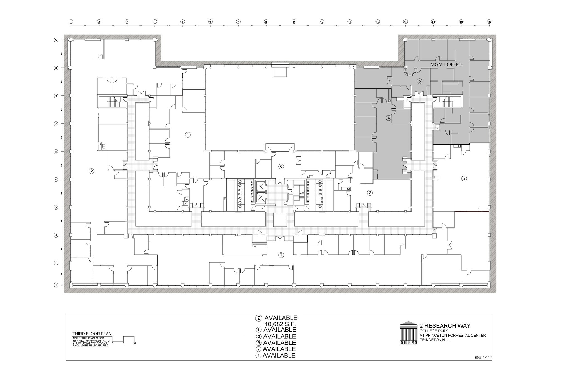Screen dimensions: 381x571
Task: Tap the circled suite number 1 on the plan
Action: [x=188, y=135]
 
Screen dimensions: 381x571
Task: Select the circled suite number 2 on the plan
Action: [x=91, y=171]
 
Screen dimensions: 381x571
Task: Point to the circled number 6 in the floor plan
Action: [x=281, y=167]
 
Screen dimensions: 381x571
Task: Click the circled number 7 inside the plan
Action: [x=281, y=255]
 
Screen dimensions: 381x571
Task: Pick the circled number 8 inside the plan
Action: [x=464, y=178]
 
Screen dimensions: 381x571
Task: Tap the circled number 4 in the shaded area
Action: [x=389, y=118]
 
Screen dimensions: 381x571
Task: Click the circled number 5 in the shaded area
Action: [x=420, y=81]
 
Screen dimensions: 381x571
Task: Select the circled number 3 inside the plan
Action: [x=370, y=193]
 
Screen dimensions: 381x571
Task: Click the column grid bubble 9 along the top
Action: [x=294, y=21]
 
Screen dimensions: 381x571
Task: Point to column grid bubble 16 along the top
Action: [x=489, y=21]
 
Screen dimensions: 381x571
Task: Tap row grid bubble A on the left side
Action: [x=56, y=40]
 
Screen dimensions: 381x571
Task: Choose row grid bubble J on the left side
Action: [x=56, y=285]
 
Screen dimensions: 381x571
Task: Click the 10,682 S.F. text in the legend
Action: [x=280, y=324]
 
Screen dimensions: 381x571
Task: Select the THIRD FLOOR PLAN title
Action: [x=92, y=334]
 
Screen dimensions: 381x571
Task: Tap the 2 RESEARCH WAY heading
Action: [x=445, y=325]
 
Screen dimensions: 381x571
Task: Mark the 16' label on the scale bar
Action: [x=135, y=343]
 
